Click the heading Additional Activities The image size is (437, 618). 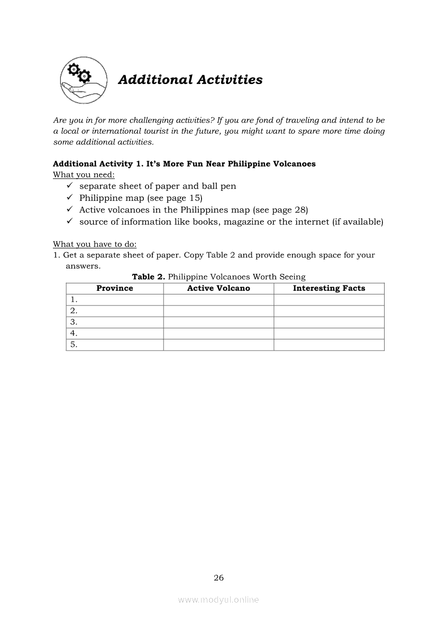190,80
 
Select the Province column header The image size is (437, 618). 115,288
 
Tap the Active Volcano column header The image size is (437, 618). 218,288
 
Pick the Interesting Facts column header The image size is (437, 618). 329,288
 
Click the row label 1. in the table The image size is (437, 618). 74,300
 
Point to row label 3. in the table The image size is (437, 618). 74,322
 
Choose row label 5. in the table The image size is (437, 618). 74,345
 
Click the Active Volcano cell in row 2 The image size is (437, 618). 218,311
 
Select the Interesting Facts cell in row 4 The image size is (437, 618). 329,334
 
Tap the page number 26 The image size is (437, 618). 218,578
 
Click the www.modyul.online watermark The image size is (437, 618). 218,600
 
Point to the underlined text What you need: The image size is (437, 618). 84,175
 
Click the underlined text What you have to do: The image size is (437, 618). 95,244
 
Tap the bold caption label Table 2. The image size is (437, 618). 149,277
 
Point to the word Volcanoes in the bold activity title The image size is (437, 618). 294,164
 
